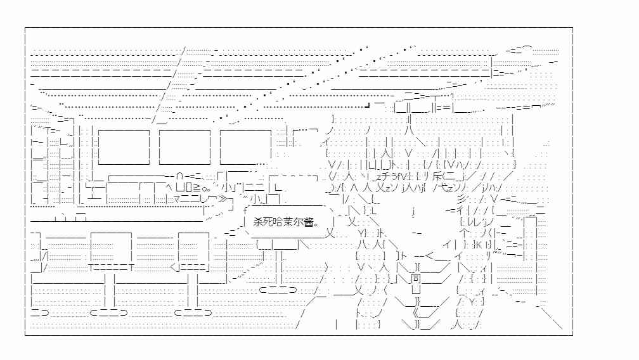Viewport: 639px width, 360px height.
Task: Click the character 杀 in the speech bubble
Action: pos(258,222)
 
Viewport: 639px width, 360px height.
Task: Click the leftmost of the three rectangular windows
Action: pos(124,147)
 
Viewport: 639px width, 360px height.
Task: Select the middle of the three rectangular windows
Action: pos(184,147)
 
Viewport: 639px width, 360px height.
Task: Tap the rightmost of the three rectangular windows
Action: pos(246,147)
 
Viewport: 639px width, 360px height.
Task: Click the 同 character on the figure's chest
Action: pos(415,279)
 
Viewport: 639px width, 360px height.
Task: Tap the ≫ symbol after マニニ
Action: pos(223,199)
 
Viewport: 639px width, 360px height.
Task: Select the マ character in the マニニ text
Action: pos(177,199)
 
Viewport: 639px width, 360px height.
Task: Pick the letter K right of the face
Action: pos(479,245)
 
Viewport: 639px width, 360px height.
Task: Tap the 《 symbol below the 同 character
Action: pos(415,313)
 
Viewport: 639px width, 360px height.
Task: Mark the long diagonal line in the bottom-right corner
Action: pos(550,318)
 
